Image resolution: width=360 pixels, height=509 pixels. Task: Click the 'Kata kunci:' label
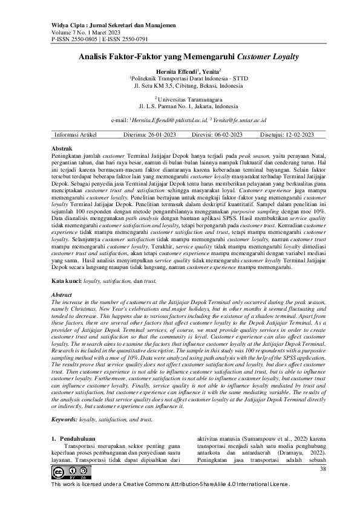[x=66, y=281]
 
